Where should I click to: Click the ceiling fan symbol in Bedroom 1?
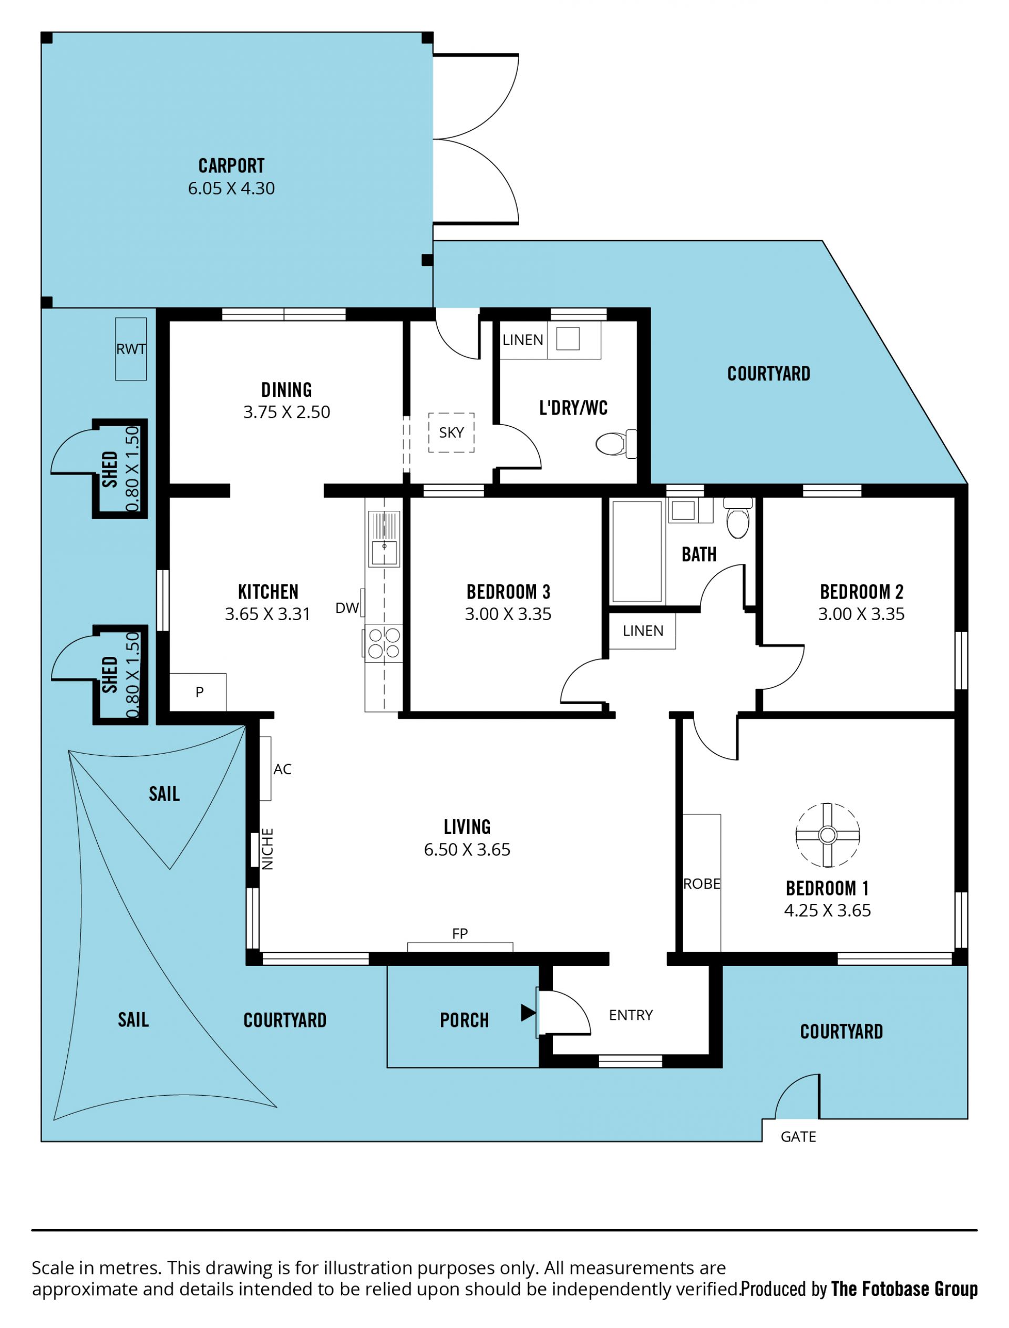pos(827,835)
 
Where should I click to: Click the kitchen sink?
pos(384,538)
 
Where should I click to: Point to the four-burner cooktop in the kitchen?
pos(383,643)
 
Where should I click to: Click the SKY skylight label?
pos(451,433)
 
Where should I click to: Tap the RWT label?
pos(131,349)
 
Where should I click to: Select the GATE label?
pos(798,1136)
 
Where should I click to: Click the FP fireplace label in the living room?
pos(459,933)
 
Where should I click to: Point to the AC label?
pos(282,769)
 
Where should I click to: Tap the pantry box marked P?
pos(198,692)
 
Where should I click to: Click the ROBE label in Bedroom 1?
pos(702,883)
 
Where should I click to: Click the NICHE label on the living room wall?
pos(268,849)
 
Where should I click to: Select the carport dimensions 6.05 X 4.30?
pos(231,188)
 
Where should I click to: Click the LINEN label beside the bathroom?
pos(643,631)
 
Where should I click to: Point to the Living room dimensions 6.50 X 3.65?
pos(467,849)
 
